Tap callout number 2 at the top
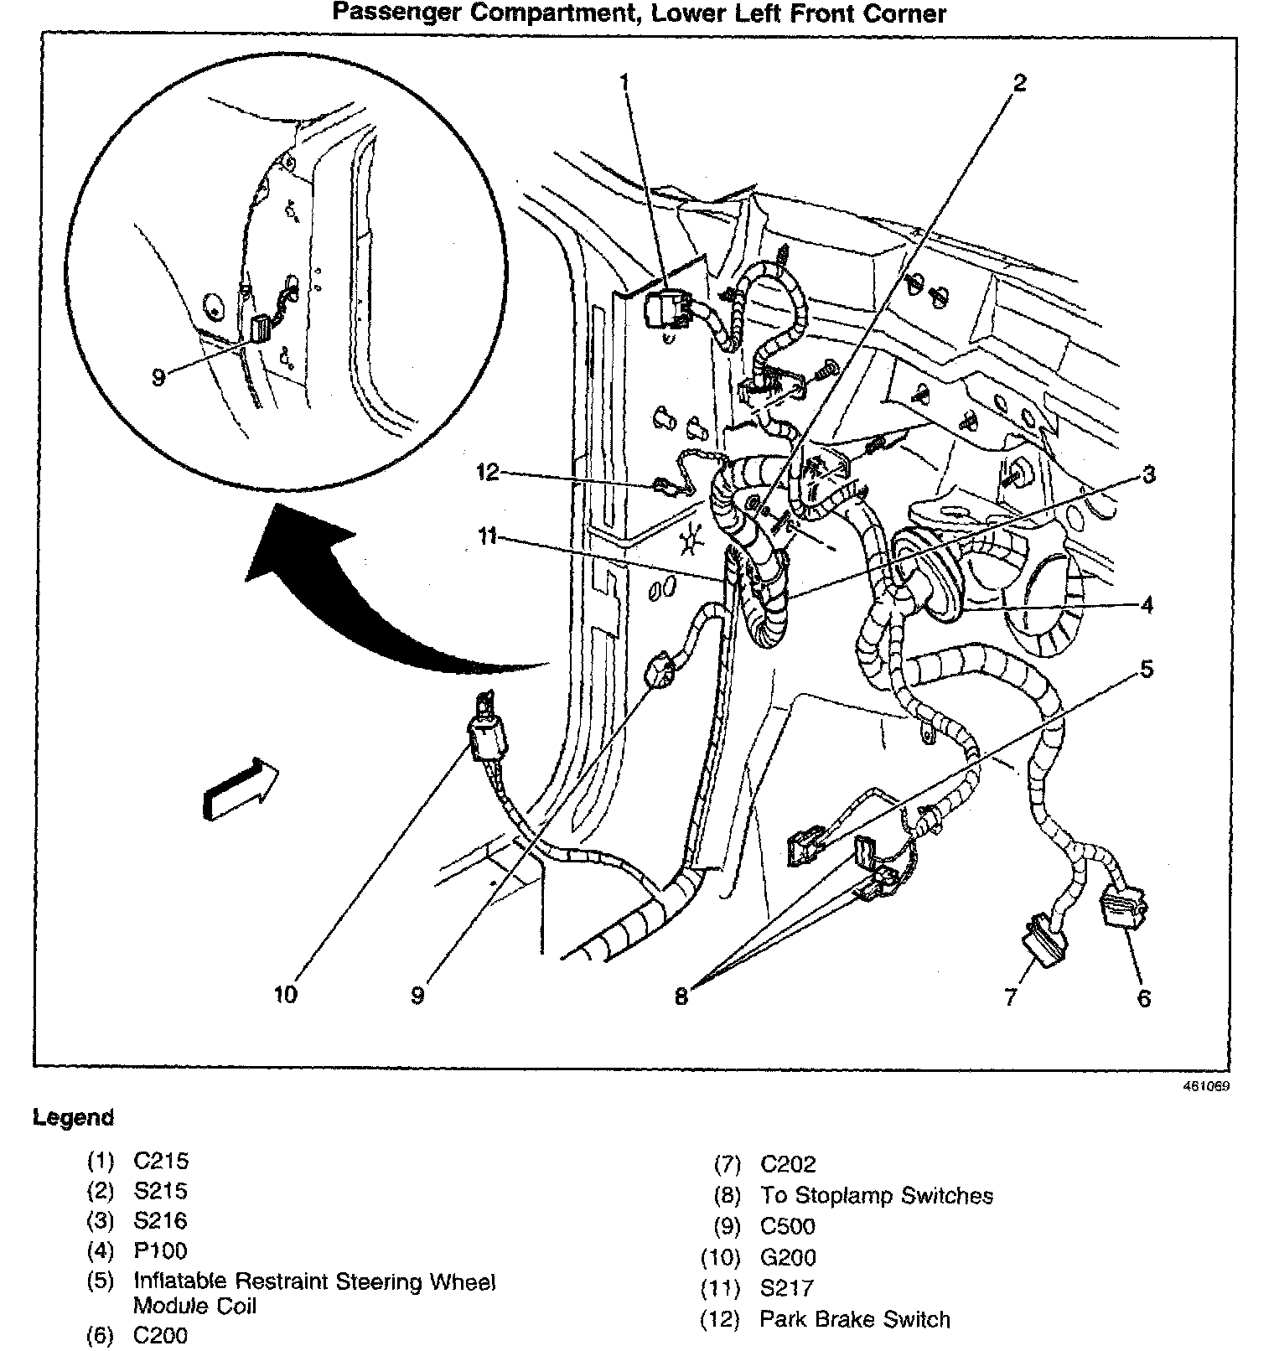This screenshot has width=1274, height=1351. pos(1018,82)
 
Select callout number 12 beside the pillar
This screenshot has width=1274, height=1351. pos(487,472)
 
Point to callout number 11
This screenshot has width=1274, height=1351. pos(487,536)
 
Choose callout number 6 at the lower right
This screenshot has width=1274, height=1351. pos(1143,997)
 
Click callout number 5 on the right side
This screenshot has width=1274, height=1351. pos(1146,668)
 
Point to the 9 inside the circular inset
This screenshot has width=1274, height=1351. pos(158,377)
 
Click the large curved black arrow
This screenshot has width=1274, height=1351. pos(377,603)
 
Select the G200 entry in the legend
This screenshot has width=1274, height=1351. pos(788,1257)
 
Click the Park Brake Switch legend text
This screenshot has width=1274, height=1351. pos(854,1319)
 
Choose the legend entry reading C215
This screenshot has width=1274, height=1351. pos(161,1161)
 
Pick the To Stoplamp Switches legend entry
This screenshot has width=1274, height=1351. pos(876,1195)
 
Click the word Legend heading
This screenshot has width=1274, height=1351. pos(73,1117)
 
